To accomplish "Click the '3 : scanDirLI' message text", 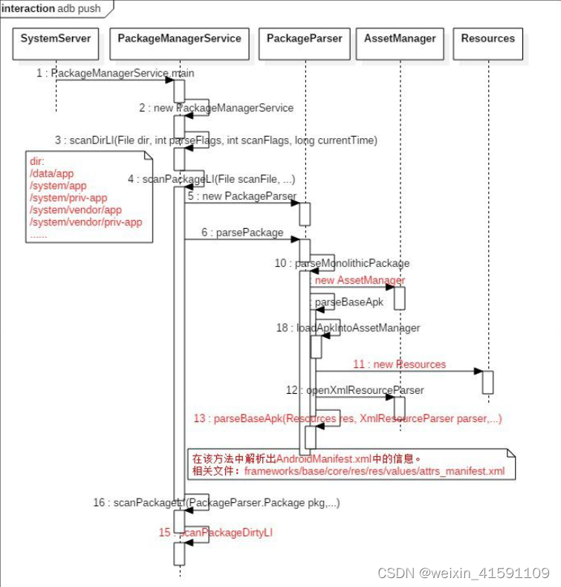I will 215,140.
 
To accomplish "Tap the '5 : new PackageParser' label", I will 241,196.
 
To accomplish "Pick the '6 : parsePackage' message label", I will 241,233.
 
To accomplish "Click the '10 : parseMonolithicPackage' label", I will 343,263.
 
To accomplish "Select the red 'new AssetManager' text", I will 360,280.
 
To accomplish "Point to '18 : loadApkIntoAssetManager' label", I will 348,328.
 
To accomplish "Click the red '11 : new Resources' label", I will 399,364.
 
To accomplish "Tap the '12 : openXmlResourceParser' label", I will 354,390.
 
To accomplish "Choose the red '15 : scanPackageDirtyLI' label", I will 220,532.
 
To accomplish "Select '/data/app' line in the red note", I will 51,173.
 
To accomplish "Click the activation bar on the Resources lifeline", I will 487,382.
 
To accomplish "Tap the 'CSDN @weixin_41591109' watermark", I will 463,573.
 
